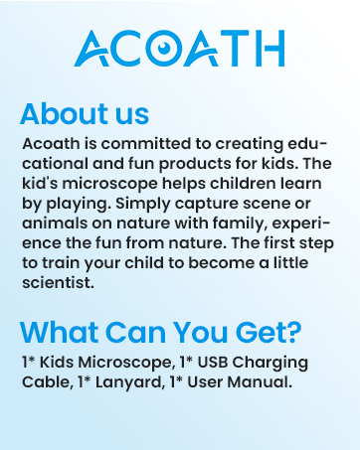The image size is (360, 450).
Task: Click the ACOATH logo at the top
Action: (180, 49)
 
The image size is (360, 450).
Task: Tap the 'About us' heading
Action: (85, 112)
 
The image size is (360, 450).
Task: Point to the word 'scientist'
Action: (56, 281)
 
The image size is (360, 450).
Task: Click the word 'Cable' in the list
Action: (44, 380)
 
